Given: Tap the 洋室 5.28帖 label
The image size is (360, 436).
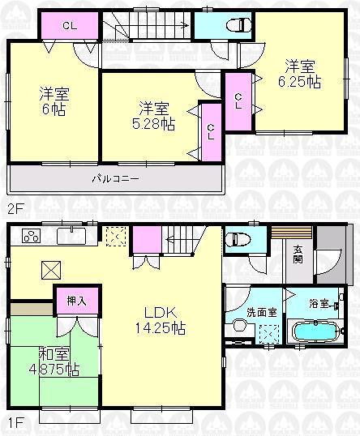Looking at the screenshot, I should (x=154, y=115).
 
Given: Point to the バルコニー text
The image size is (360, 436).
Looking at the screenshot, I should (x=114, y=177).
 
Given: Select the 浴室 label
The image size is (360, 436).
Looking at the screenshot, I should (x=319, y=305).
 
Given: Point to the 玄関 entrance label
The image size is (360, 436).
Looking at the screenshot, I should (x=298, y=254).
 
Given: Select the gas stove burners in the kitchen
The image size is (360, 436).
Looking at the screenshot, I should (x=31, y=237).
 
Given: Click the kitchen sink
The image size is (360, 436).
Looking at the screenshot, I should (x=74, y=237).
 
